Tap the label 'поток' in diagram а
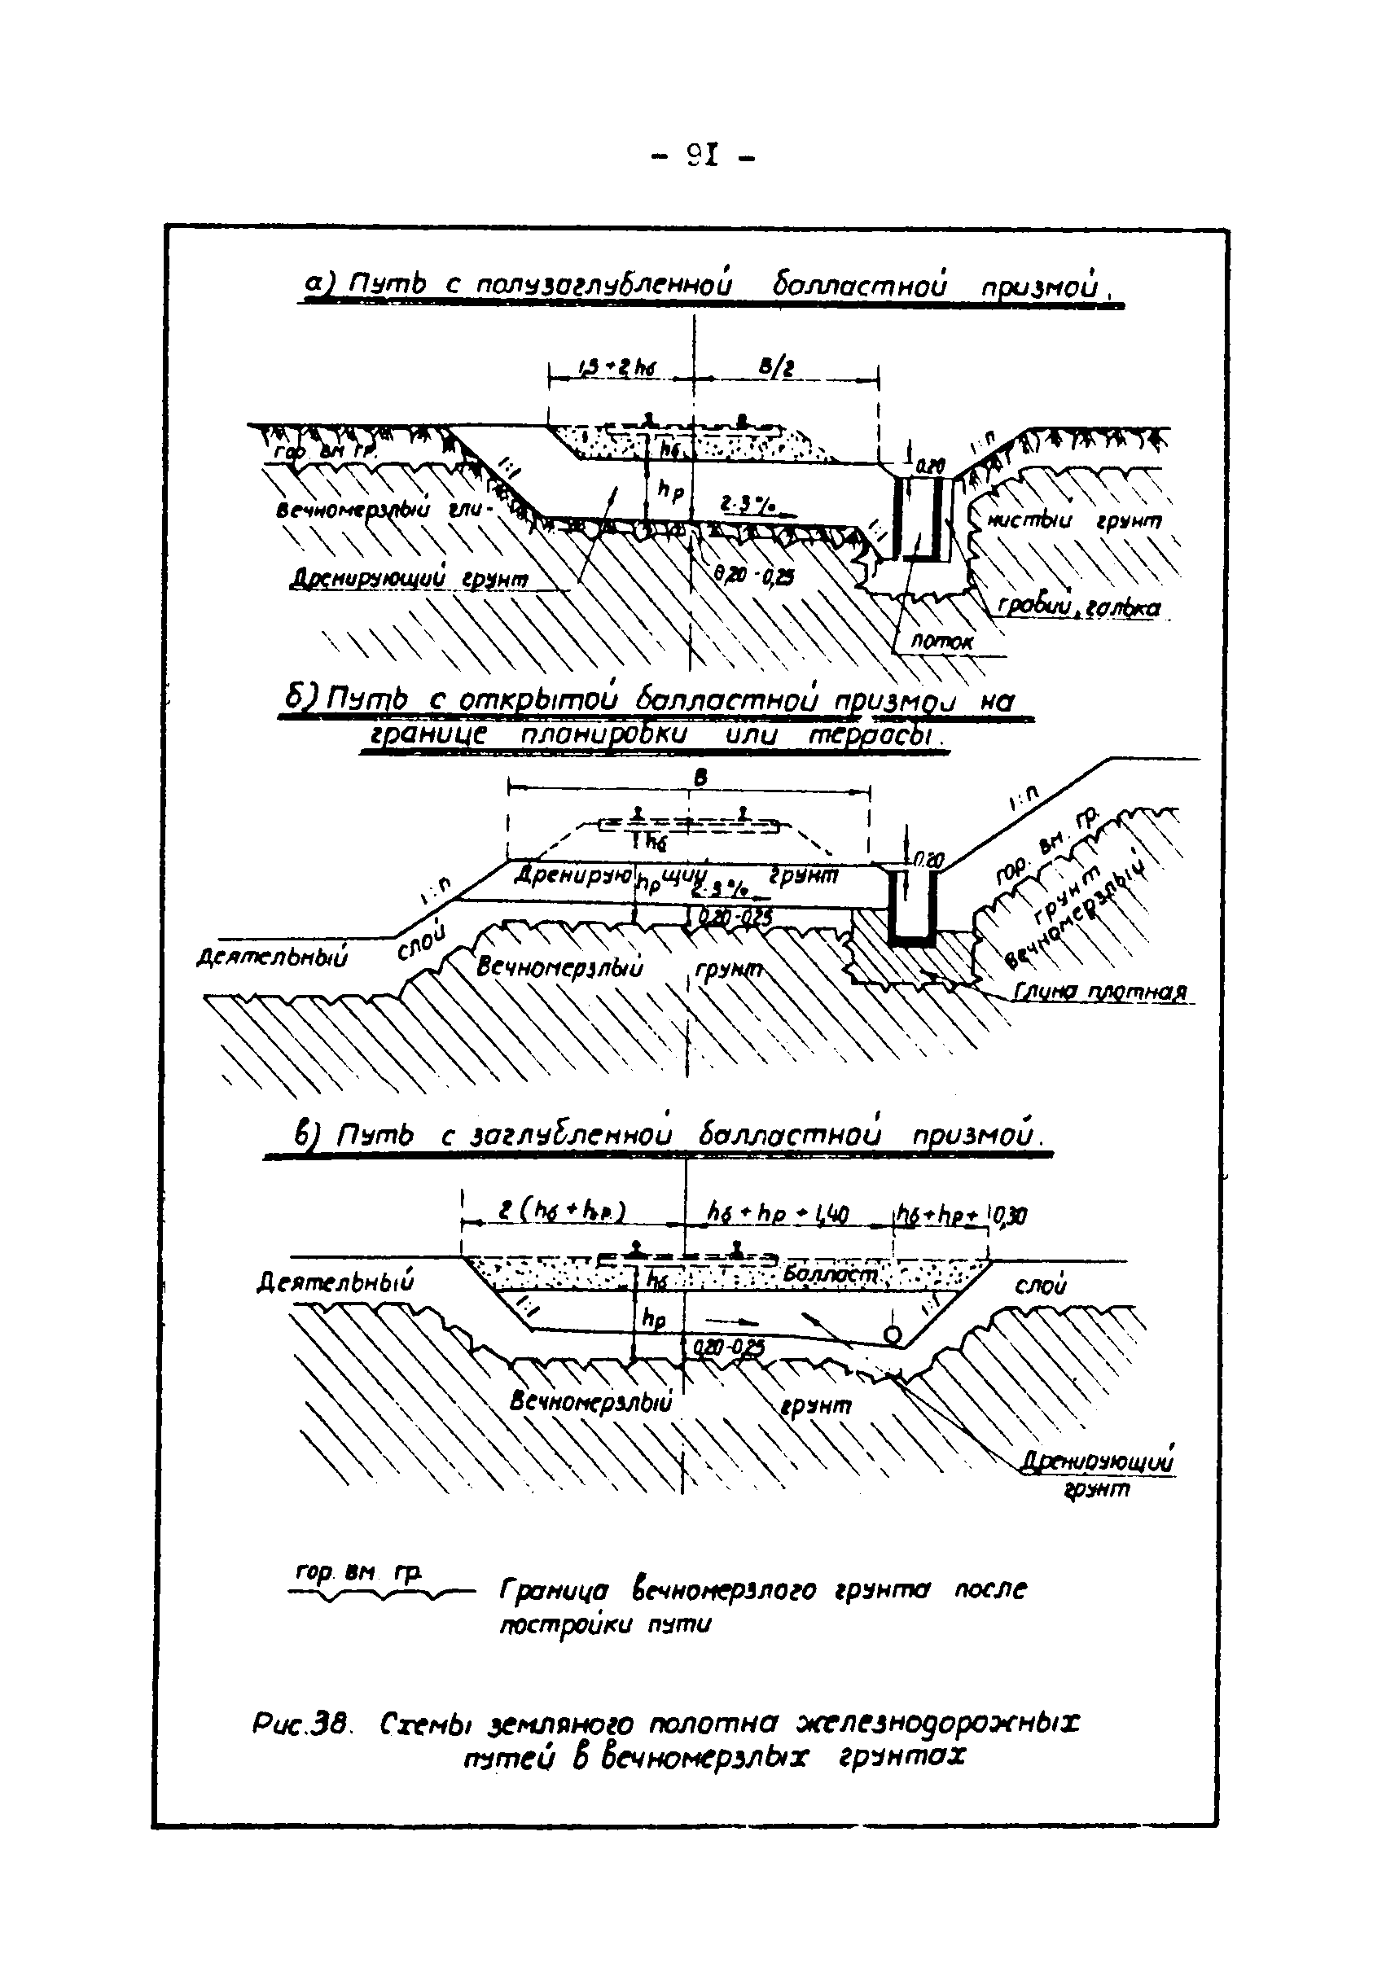pos(942,641)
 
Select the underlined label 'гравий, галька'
pos(1079,607)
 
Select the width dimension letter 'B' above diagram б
pos(701,778)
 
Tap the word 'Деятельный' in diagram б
pos(273,957)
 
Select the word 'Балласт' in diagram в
pos(830,1275)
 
